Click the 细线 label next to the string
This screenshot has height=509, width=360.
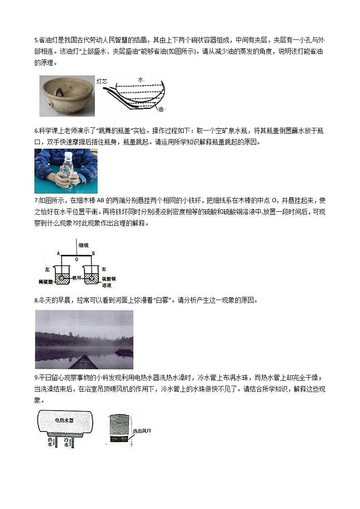[83, 245]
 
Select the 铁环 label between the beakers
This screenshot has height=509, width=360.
[78, 276]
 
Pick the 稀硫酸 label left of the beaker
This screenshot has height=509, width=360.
[46, 281]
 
